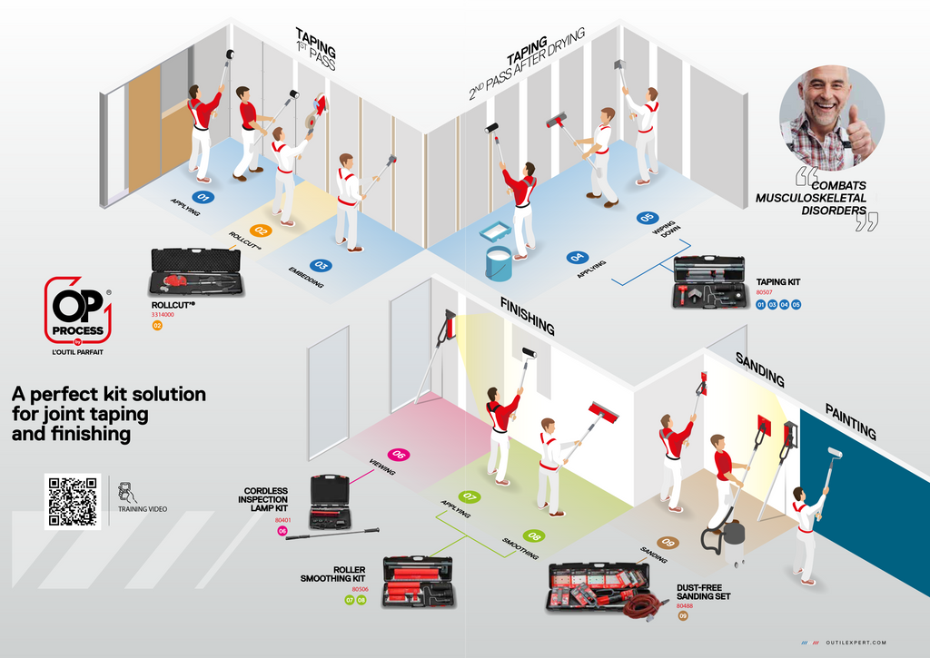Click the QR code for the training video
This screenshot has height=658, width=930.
pos(73,501)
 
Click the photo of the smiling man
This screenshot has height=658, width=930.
pos(830,117)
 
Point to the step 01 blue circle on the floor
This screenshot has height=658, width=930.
pos(203,195)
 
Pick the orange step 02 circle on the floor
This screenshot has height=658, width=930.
pos(262,231)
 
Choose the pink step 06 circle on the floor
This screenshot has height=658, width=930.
pos(397,455)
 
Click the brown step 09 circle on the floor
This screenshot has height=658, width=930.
pos(668,543)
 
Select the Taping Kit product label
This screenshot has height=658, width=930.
pos(778,283)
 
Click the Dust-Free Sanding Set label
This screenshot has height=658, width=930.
pos(704,592)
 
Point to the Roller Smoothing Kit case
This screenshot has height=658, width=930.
pos(419,582)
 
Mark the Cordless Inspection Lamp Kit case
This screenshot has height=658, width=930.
pos(330,501)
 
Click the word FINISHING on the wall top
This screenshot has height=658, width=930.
pos(527,313)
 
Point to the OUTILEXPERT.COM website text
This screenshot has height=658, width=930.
pos(856,643)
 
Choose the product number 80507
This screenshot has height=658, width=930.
pos(764,293)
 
